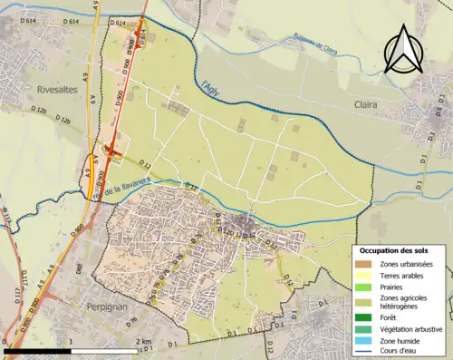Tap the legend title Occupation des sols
394,251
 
